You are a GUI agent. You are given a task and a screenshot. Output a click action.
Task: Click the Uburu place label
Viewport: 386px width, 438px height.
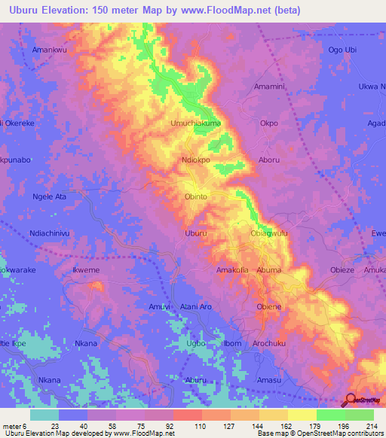195,234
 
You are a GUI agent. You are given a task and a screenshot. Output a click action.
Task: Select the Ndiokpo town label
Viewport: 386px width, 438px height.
199,160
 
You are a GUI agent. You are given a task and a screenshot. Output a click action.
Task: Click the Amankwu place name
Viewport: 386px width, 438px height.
50,50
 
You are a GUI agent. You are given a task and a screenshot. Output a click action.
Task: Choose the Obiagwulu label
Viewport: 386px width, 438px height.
269,234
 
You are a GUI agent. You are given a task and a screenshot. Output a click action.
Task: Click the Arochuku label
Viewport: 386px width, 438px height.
272,344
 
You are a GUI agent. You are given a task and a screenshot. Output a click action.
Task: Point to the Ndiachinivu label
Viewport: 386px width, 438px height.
50,234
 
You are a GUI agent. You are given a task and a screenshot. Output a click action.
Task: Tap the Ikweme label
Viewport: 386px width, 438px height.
85,270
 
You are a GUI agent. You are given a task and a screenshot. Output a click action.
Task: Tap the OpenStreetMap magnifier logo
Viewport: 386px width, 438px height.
351,400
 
